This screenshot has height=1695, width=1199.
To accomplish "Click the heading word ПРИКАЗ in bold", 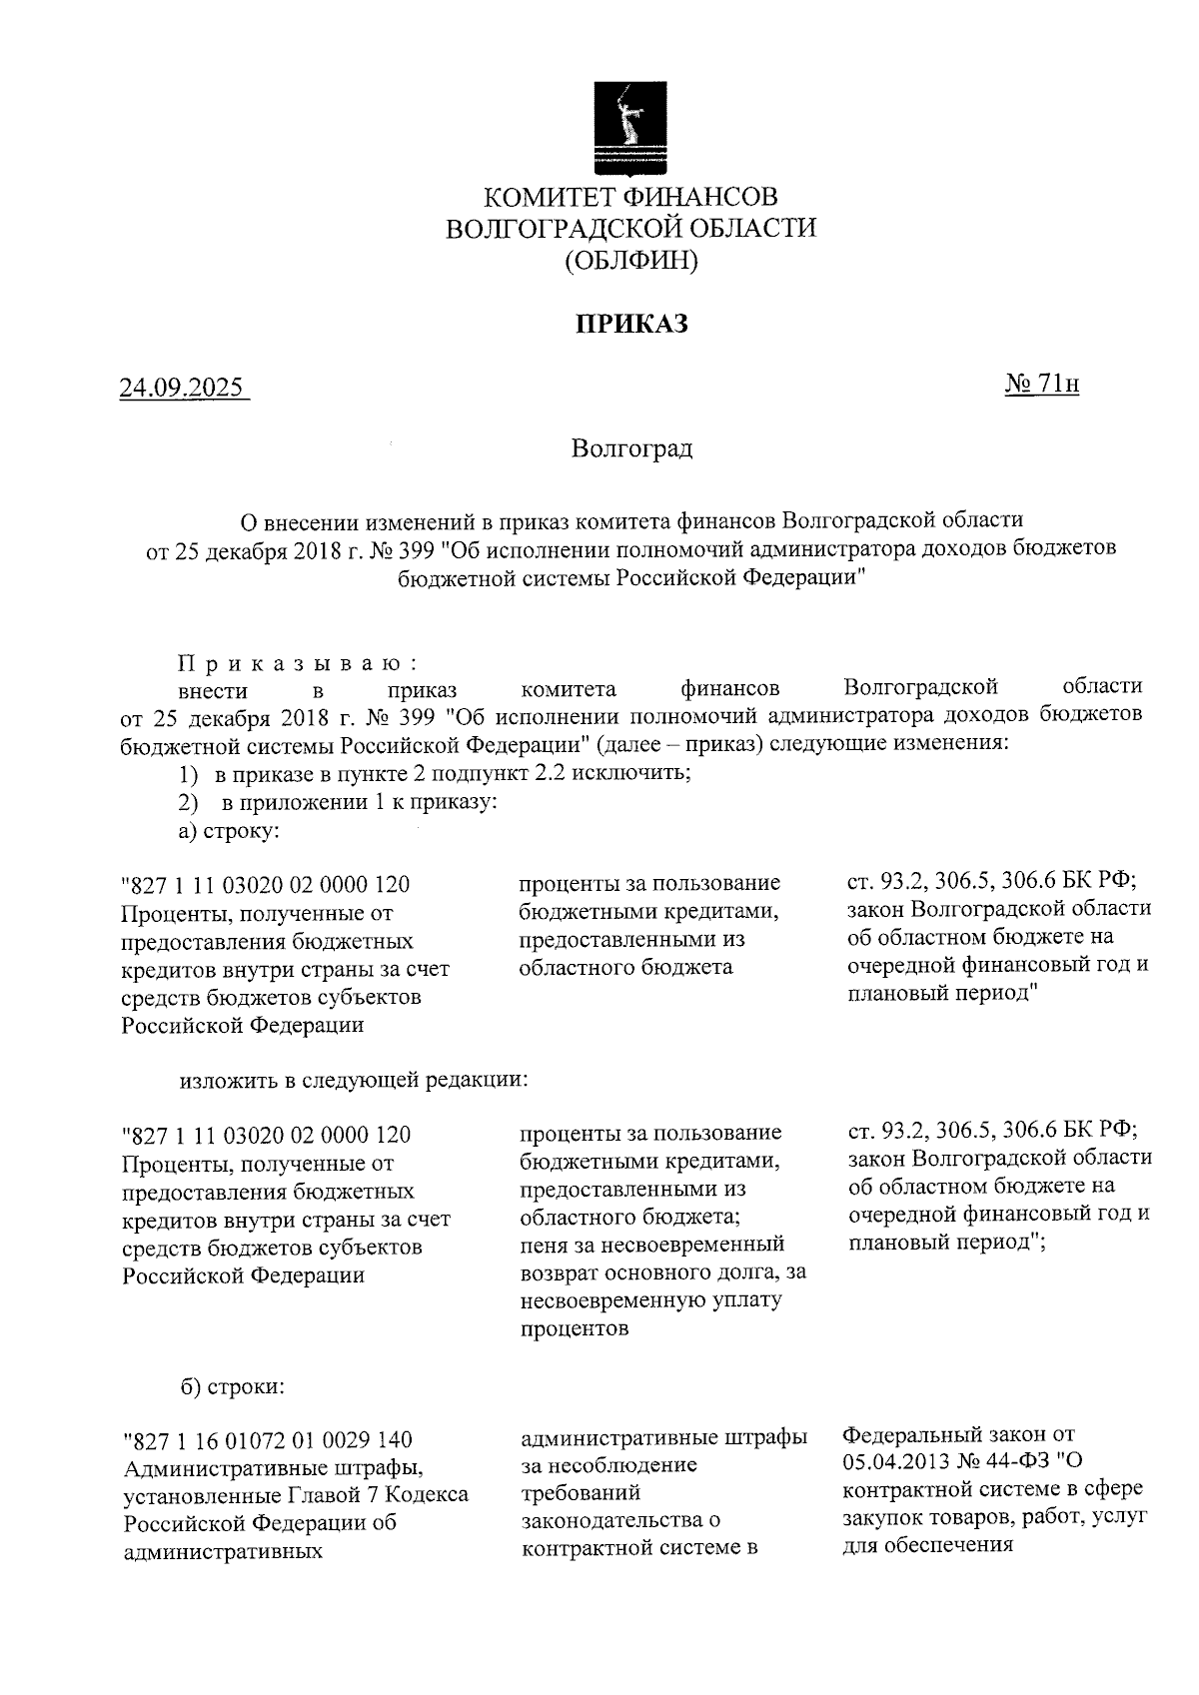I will coord(630,324).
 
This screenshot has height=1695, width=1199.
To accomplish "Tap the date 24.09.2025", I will coord(182,387).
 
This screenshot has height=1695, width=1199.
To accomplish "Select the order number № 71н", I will coord(1041,384).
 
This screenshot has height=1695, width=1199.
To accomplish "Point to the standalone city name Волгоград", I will coord(631,447).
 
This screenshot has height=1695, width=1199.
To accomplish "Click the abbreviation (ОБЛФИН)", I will coord(630,262).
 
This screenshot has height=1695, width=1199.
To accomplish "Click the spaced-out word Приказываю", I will coord(297,664).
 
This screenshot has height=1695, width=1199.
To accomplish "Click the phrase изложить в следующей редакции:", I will coord(353,1080).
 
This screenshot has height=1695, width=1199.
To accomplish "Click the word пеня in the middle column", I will coord(546,1245).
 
